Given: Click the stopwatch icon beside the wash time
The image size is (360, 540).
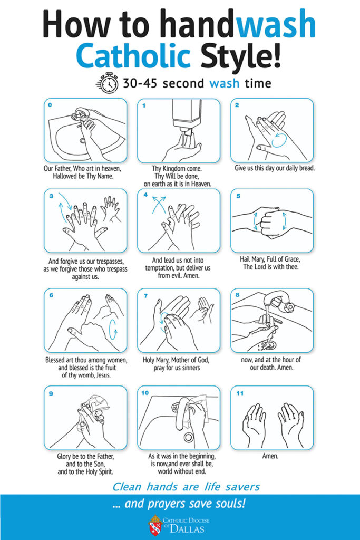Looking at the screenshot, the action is [x=108, y=83].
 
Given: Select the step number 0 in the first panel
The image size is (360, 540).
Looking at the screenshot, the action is [x=50, y=105].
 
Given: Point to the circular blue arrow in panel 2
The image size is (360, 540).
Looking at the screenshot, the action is [x=279, y=140].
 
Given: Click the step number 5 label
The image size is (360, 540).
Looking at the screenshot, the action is [x=238, y=196].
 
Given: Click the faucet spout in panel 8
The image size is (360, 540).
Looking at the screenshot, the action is [x=275, y=299].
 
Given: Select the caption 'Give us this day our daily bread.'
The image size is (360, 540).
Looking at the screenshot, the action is [x=275, y=168].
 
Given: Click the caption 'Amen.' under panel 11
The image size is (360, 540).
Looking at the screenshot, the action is [x=270, y=456].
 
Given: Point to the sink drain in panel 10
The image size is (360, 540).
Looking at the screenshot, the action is [x=189, y=437].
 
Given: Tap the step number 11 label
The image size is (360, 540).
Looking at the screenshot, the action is [x=240, y=393].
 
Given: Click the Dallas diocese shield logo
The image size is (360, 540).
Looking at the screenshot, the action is [x=155, y=525].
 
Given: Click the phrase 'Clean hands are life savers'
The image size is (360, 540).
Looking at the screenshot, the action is [x=186, y=487].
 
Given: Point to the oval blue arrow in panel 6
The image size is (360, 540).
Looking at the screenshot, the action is [x=113, y=330].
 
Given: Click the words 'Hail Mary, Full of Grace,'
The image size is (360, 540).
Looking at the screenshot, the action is [x=270, y=259].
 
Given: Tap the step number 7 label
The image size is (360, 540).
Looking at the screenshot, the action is [x=145, y=295].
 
